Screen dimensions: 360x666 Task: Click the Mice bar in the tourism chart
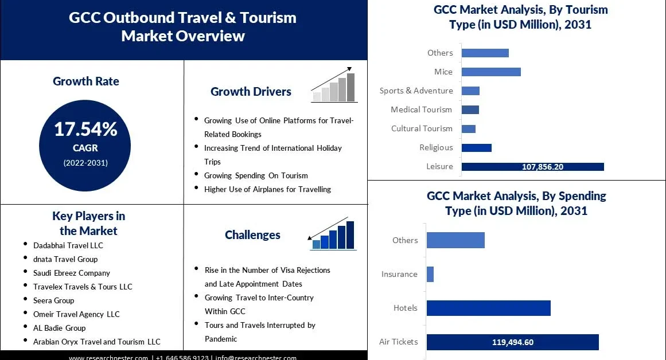[491, 72]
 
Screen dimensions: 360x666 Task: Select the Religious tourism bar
[476, 148]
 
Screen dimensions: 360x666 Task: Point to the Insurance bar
[430, 274]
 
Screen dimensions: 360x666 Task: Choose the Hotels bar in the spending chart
[488, 308]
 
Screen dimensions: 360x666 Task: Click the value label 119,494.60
[513, 342]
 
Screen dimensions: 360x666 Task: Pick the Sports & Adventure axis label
[416, 91]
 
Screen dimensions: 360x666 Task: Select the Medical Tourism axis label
[421, 109]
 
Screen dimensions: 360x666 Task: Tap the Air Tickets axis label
[398, 342]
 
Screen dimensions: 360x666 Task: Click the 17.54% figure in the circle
[85, 130]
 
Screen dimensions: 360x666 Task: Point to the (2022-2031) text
[85, 163]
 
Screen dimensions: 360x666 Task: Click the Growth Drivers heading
[251, 92]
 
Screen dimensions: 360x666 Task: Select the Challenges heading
[252, 235]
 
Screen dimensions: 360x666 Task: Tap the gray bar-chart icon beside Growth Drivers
[334, 85]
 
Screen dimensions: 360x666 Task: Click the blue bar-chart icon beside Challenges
[333, 234]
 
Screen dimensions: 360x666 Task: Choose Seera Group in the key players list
[53, 300]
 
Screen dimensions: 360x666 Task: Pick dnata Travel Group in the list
[65, 259]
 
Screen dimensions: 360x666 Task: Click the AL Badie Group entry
[59, 328]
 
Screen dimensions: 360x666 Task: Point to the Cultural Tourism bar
[468, 128]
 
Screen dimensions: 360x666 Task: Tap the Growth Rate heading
[86, 81]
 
